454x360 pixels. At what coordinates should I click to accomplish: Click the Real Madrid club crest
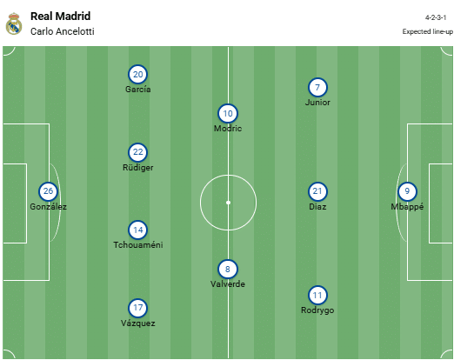pyautogui.click(x=14, y=23)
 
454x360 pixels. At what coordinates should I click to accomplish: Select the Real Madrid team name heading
pyautogui.click(x=61, y=17)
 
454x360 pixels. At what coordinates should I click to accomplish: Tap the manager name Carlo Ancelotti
pyautogui.click(x=63, y=31)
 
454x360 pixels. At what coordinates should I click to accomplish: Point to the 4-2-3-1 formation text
pyautogui.click(x=436, y=17)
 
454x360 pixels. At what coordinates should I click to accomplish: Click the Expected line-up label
pyautogui.click(x=427, y=31)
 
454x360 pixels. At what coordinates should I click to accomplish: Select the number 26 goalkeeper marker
pyautogui.click(x=48, y=191)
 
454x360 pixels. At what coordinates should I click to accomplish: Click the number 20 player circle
pyautogui.click(x=137, y=75)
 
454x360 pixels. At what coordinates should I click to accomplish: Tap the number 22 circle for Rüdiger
pyautogui.click(x=137, y=152)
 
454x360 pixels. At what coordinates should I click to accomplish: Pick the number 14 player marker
pyautogui.click(x=137, y=230)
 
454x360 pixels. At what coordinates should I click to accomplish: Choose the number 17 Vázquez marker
pyautogui.click(x=137, y=308)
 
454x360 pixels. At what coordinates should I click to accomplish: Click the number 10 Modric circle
pyautogui.click(x=228, y=113)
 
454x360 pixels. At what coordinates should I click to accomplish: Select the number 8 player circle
pyautogui.click(x=228, y=270)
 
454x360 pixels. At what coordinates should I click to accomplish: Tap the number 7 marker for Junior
pyautogui.click(x=317, y=88)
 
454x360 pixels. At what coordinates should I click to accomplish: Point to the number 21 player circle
pyautogui.click(x=317, y=191)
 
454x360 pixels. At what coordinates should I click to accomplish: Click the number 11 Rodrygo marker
pyautogui.click(x=317, y=296)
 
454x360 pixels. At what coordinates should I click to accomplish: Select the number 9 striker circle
pyautogui.click(x=407, y=191)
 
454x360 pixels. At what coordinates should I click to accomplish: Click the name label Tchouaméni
pyautogui.click(x=138, y=245)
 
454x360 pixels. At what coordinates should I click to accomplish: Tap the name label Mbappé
pyautogui.click(x=407, y=207)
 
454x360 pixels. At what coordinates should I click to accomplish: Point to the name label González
pyautogui.click(x=48, y=207)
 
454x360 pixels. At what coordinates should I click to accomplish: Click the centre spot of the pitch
pyautogui.click(x=228, y=203)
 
